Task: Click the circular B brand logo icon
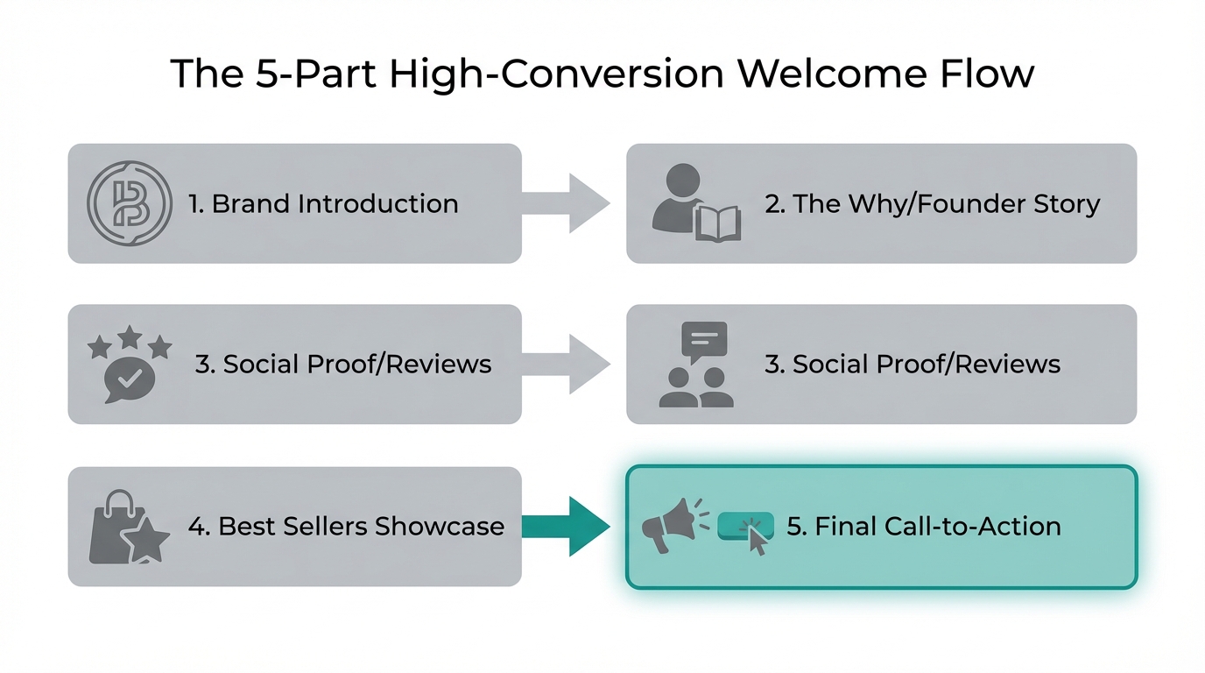click(130, 203)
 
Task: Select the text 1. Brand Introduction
click(323, 204)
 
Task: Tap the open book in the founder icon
click(717, 223)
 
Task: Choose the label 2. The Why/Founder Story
click(932, 204)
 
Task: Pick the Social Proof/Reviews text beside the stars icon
click(343, 364)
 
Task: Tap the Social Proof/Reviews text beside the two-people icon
click(913, 364)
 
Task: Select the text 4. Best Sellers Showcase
click(346, 526)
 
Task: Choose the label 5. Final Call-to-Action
click(924, 526)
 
